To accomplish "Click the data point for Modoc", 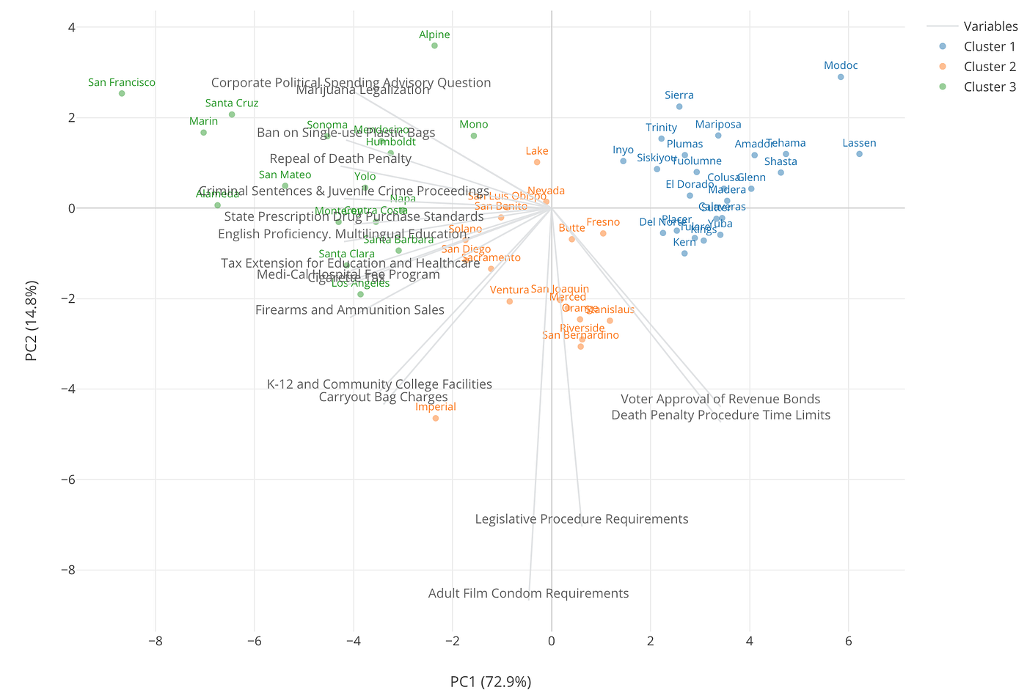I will click(841, 77).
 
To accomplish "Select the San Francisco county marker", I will click(122, 93).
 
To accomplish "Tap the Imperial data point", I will click(436, 418).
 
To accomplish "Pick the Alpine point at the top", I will click(434, 45).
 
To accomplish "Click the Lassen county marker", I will click(859, 154).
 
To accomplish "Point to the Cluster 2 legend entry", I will click(990, 67).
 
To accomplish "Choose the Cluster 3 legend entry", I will click(990, 87).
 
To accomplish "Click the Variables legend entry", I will click(990, 26).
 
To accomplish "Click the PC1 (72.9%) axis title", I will click(491, 681).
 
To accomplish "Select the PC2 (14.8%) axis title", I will click(31, 321).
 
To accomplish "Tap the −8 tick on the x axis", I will click(155, 642).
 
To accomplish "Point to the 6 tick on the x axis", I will click(849, 642).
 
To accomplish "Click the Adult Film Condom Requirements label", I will click(528, 593).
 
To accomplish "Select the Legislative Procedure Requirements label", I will click(582, 519).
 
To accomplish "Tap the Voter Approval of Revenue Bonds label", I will click(720, 399).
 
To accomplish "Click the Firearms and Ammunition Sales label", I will click(350, 309).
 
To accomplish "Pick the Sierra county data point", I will click(679, 106).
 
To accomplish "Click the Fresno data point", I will click(603, 233).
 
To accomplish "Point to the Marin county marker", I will click(203, 133).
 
